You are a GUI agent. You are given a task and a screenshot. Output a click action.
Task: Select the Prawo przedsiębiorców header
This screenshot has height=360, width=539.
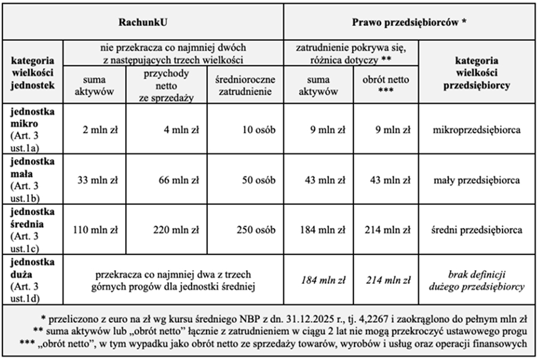point(410,22)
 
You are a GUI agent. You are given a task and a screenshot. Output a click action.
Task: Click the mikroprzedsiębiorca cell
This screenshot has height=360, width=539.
point(477,129)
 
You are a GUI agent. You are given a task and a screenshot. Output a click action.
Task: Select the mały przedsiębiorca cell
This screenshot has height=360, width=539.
point(477,180)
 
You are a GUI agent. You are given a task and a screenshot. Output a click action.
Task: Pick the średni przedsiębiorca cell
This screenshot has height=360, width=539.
point(477,230)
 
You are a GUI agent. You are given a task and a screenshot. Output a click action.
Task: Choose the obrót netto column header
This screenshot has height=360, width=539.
point(386,84)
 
